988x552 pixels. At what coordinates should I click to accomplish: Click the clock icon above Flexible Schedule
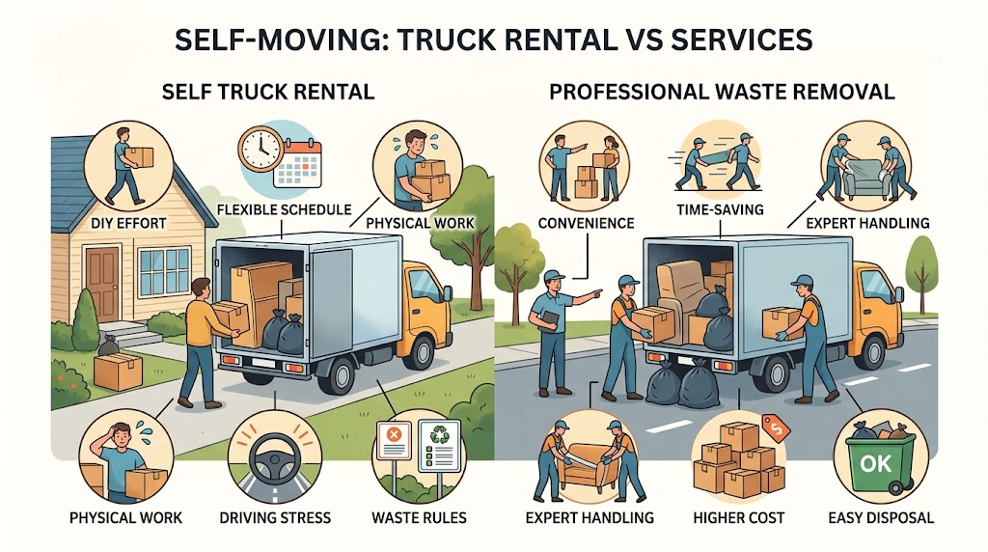(x=261, y=149)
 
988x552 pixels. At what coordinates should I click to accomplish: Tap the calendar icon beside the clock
(x=298, y=163)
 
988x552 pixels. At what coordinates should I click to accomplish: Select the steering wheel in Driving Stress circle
(x=275, y=458)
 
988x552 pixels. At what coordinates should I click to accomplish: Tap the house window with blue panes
(x=164, y=271)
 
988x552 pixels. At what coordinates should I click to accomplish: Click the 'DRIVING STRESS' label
(x=275, y=518)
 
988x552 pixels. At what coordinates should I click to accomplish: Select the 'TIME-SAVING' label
(x=720, y=209)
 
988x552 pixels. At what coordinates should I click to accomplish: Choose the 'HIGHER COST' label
(x=738, y=518)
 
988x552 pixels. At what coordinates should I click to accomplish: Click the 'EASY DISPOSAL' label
(x=880, y=518)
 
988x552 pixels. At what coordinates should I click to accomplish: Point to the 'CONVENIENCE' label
(x=586, y=223)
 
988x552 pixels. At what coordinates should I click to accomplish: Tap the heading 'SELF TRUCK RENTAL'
(x=268, y=92)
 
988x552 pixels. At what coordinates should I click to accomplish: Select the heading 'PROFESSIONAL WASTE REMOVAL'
(x=722, y=92)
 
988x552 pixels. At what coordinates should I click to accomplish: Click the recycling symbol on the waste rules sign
(x=439, y=434)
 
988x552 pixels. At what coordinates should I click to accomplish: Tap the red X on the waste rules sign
(x=394, y=434)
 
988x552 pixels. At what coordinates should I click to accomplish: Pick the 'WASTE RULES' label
(x=419, y=518)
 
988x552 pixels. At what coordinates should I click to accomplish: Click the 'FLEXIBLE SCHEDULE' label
(x=284, y=209)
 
